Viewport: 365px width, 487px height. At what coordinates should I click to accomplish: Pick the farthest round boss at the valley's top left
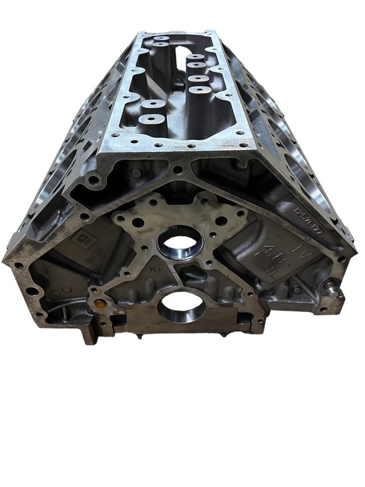162,39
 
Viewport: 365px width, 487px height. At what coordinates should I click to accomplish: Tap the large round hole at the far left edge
31,291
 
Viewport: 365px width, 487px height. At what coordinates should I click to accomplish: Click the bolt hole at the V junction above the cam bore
177,169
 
